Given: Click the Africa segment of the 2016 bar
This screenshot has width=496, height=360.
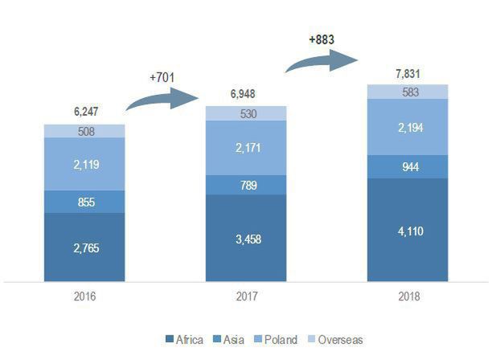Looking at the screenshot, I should (x=84, y=247).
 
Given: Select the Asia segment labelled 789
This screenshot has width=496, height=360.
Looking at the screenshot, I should (x=246, y=185).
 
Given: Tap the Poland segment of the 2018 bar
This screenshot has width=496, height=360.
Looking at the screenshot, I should (x=408, y=127).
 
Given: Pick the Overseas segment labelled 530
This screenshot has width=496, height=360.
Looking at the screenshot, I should (x=246, y=113).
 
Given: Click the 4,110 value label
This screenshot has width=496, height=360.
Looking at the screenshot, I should (x=408, y=231).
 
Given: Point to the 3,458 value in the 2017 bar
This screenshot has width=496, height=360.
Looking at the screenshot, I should (x=246, y=239).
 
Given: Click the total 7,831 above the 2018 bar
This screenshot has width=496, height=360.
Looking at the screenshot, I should (x=408, y=74).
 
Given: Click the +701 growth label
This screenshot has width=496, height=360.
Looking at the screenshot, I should (x=162, y=77).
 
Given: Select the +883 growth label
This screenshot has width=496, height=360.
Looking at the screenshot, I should (x=322, y=38).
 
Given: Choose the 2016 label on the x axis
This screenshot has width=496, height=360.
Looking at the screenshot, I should (x=84, y=297).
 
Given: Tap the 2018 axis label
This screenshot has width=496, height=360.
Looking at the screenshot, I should (x=408, y=297).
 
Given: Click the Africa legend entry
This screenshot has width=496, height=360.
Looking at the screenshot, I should (x=184, y=340).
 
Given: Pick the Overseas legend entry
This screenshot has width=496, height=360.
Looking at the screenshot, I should (x=336, y=340).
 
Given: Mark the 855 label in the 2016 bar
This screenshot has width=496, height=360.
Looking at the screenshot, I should (x=84, y=202).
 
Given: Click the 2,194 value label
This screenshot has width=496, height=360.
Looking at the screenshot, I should (x=408, y=127).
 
